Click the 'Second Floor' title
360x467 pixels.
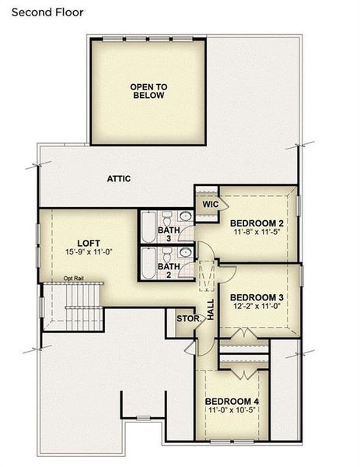tap(47, 12)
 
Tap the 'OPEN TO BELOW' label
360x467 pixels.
tap(147, 91)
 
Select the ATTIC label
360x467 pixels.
tap(119, 179)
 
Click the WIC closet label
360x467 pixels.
tap(210, 204)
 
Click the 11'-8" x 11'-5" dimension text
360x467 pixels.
tap(258, 233)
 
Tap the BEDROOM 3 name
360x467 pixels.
tap(257, 297)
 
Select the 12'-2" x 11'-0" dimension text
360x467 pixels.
tap(257, 306)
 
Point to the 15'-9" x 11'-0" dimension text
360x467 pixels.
tap(90, 251)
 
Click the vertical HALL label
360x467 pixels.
tap(210, 311)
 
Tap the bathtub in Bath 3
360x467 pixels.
tap(148, 226)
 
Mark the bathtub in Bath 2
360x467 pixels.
tap(148, 265)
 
